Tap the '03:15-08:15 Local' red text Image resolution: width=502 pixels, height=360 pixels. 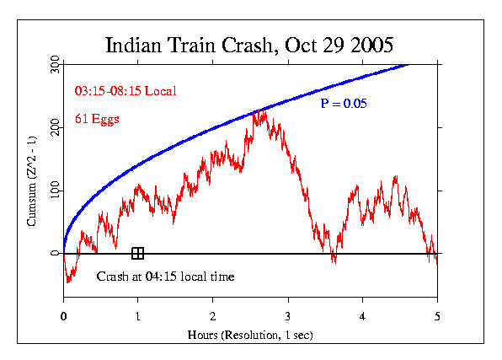tap(125, 90)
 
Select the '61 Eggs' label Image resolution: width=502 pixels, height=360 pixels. tap(98, 119)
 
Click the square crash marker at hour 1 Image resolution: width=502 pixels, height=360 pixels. tap(138, 253)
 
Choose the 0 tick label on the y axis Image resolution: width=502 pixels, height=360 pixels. tap(55, 253)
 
